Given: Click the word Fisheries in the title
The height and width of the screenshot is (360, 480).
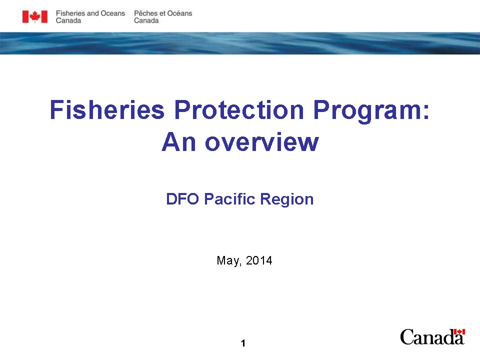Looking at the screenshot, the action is point(107,109).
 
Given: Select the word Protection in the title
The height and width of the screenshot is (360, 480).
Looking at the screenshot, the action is point(239,109).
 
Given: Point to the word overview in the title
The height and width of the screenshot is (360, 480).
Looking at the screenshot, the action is point(261,142).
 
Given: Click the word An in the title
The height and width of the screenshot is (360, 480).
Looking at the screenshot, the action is point(178,142).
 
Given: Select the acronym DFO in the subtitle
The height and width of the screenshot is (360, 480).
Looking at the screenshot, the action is point(182,199).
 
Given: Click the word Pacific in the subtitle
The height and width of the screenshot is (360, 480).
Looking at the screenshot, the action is point(229,199).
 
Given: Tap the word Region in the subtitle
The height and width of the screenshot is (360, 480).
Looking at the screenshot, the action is point(287,200).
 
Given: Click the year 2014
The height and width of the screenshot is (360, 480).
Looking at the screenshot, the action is point(259,260).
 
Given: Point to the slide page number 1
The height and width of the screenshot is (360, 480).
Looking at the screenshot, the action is point(243,343).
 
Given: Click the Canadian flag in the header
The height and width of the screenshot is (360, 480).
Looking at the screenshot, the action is point(35,16).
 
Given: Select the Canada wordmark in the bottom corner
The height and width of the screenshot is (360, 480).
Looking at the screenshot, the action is point(432,337).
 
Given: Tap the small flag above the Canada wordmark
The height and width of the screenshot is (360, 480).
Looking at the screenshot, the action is point(459,332).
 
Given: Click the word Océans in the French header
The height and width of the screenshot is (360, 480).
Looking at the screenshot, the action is point(179,13).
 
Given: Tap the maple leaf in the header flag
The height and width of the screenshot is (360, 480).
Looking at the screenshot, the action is point(35,16).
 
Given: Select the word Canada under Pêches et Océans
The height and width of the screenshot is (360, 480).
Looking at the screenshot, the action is point(146,21).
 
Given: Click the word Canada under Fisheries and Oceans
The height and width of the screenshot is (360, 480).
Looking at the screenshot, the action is point(68,21).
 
